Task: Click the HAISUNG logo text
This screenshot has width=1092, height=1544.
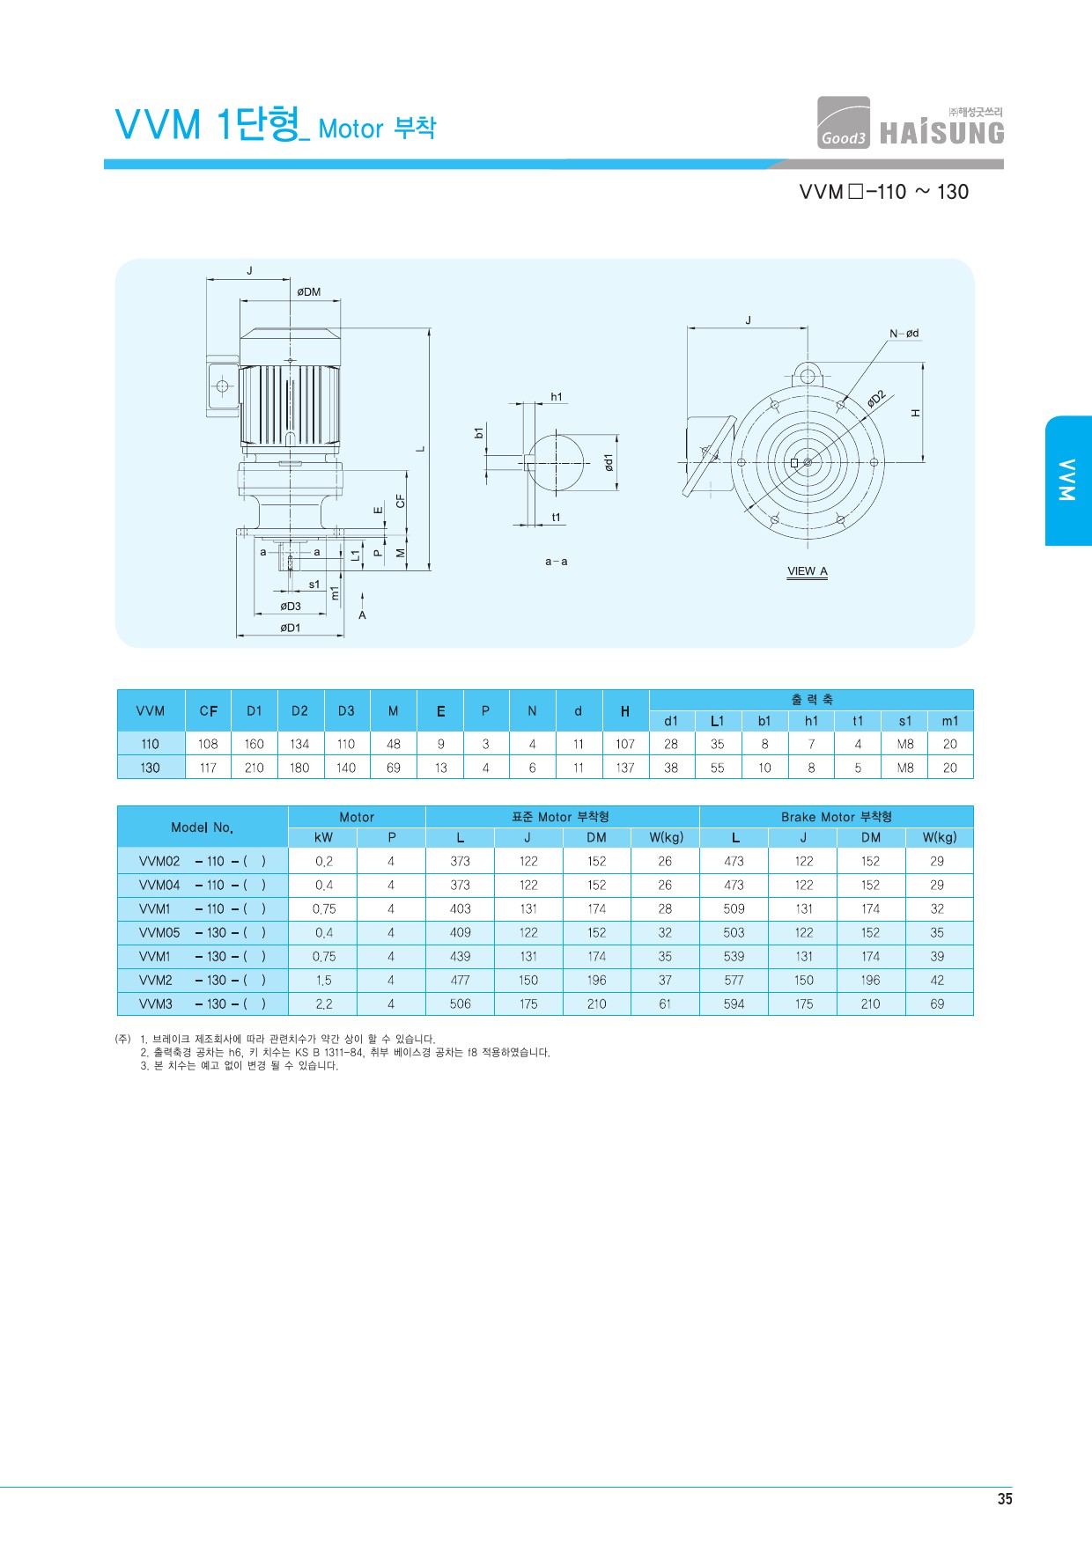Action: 941,133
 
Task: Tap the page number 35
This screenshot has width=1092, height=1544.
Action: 1005,1499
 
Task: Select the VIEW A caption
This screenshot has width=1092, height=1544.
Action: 808,571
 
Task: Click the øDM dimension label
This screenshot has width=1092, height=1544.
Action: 308,292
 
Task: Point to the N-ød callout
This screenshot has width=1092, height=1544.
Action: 904,334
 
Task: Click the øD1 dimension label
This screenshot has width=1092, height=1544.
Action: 291,628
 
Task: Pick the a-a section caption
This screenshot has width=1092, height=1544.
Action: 556,562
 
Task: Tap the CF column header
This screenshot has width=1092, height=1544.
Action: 208,711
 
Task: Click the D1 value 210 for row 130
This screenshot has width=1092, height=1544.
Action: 254,768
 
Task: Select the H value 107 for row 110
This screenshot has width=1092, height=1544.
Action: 625,744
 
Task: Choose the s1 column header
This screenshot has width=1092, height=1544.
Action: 905,721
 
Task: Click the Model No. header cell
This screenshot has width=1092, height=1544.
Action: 203,827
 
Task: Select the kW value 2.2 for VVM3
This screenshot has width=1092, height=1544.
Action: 324,1004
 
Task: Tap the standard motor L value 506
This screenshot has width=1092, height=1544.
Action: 460,1004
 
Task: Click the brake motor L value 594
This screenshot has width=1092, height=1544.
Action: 734,1004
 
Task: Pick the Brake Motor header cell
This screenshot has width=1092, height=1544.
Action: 837,817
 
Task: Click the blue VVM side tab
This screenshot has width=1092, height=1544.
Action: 1068,481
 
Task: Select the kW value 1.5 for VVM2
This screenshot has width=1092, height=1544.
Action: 324,980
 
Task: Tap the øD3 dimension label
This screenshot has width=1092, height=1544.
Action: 291,607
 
